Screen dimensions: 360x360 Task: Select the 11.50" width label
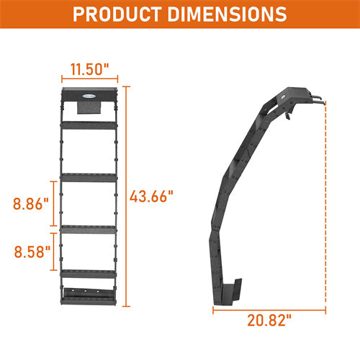click(x=89, y=70)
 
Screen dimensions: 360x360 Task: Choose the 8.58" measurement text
click(x=30, y=251)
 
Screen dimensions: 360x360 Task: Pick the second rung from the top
click(x=89, y=176)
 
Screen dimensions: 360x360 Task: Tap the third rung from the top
click(x=89, y=228)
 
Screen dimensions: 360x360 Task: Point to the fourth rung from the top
click(x=89, y=272)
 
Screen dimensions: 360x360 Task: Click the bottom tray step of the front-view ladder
click(x=89, y=295)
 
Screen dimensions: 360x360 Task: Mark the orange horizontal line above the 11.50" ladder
click(x=89, y=81)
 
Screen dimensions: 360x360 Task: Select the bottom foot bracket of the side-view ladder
click(x=230, y=292)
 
